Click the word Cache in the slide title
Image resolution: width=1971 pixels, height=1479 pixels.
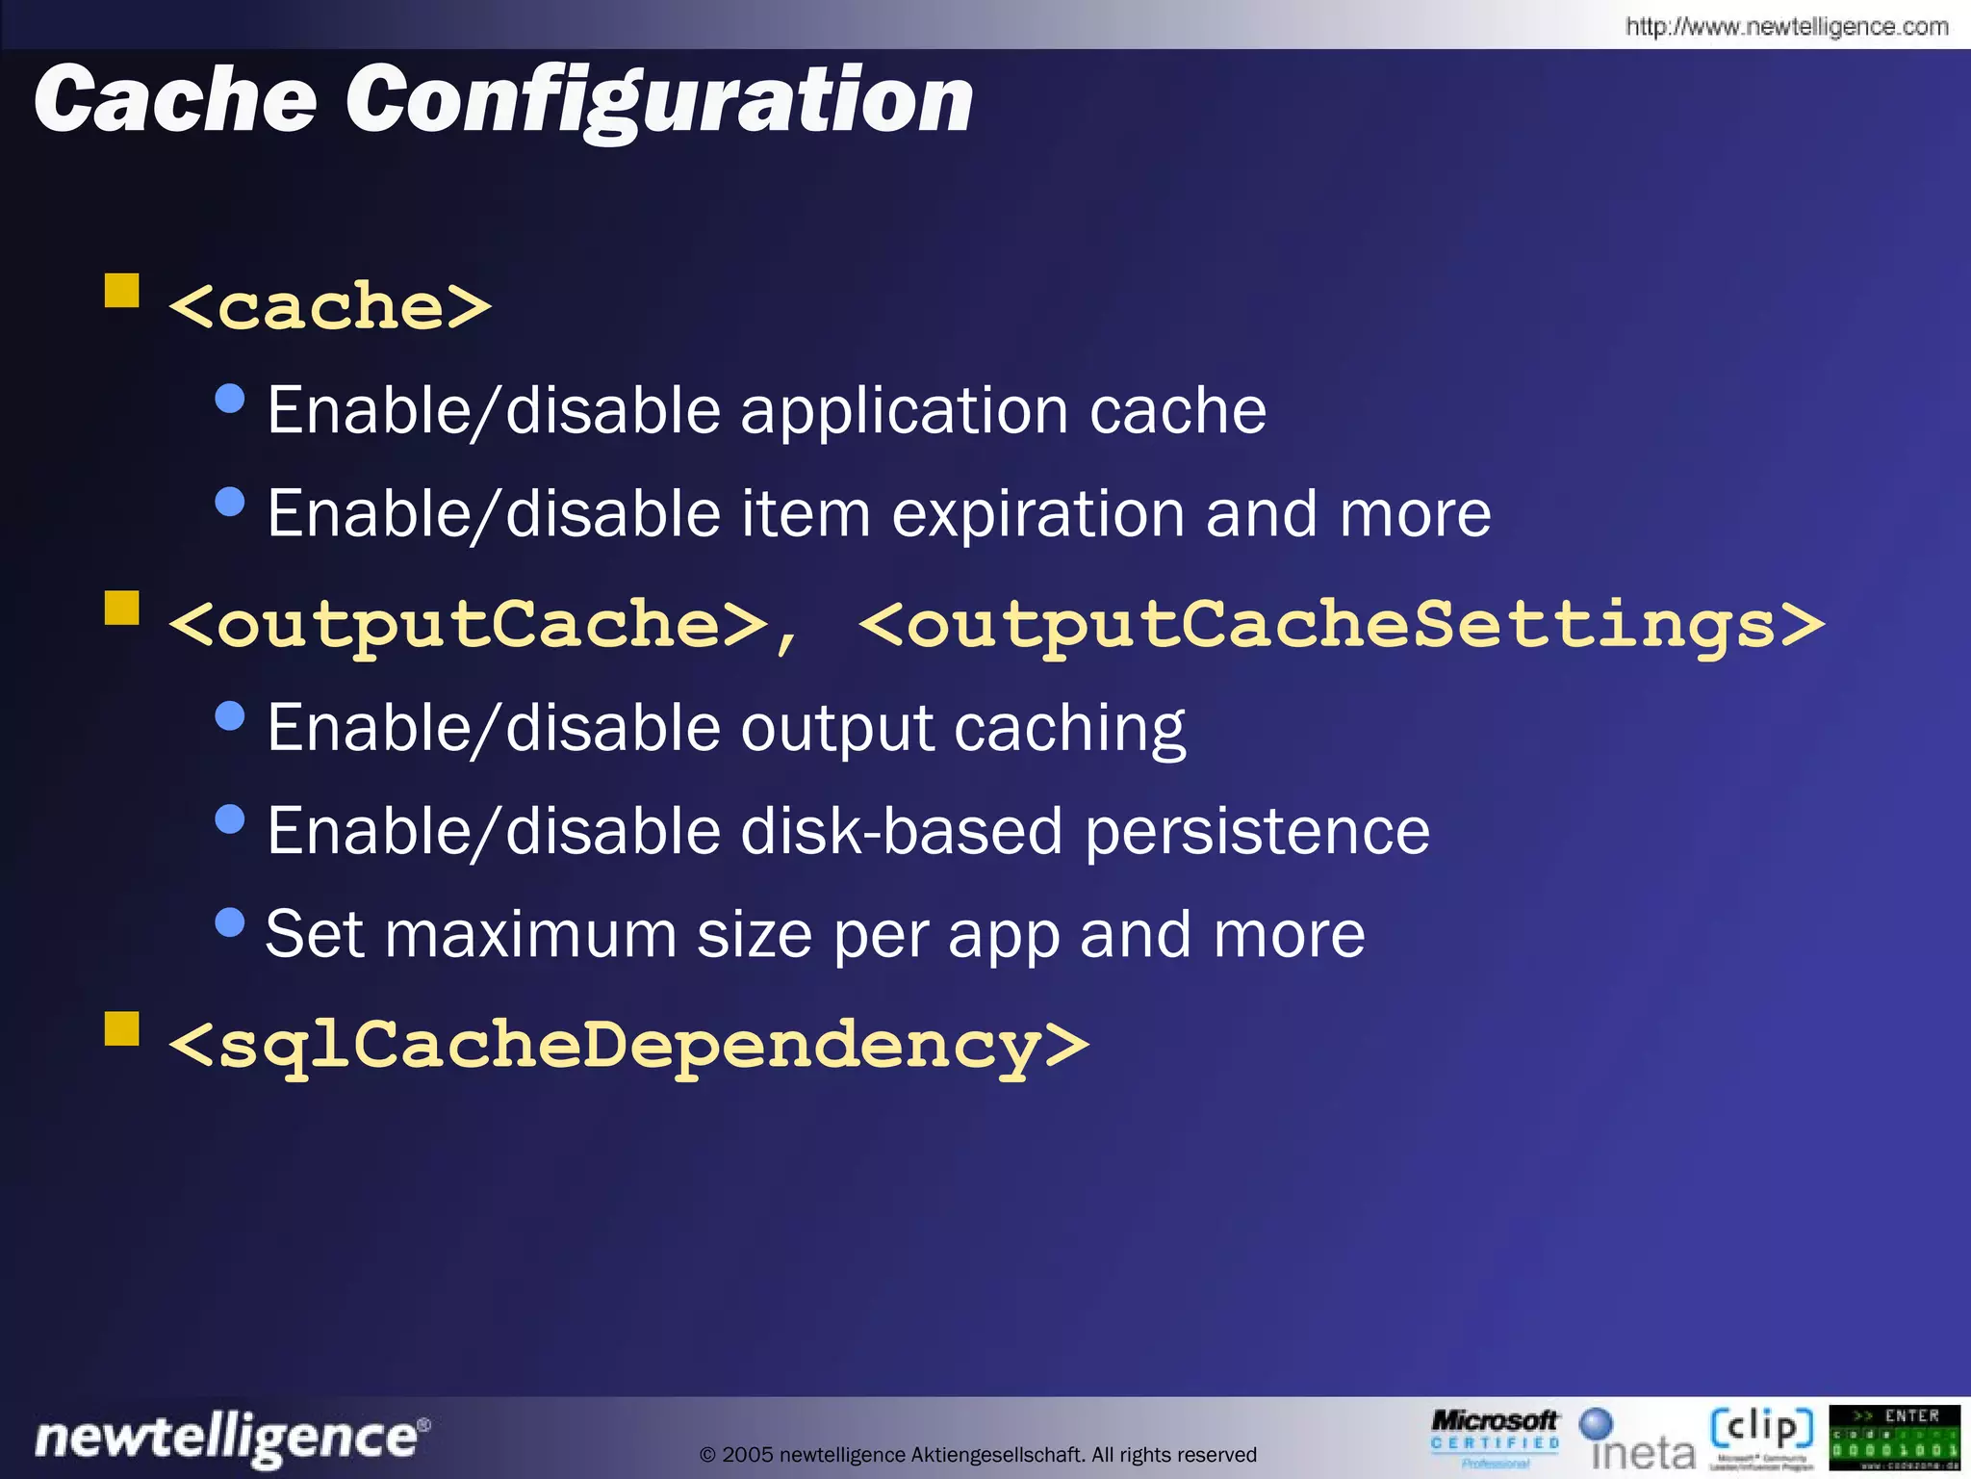(x=176, y=99)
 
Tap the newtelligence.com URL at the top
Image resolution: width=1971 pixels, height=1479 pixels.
(x=1786, y=26)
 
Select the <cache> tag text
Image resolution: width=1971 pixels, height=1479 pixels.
(x=330, y=307)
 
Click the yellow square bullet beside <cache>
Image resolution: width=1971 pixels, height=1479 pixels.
(x=122, y=290)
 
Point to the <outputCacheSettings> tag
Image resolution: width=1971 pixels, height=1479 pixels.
(x=1341, y=625)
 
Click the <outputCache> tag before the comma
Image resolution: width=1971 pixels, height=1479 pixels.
(x=468, y=625)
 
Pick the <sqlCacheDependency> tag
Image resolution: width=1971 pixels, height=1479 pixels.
(x=628, y=1046)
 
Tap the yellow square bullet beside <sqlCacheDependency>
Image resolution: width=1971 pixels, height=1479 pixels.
(x=122, y=1028)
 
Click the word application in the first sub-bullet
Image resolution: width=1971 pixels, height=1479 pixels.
(x=904, y=411)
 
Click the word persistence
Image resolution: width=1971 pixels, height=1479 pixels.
(x=1257, y=831)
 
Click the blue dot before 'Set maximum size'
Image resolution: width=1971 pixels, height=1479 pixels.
(x=230, y=922)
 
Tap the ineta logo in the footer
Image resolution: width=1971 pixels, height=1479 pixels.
(x=1639, y=1440)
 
